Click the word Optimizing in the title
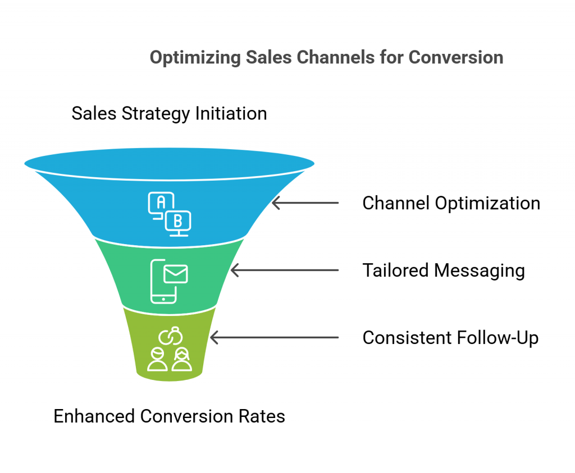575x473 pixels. [x=195, y=58]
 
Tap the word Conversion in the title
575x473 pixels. [x=456, y=58]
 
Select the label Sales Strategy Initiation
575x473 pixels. [x=169, y=113]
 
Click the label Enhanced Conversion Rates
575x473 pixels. [x=169, y=416]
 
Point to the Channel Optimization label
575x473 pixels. [x=451, y=203]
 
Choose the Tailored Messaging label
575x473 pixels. [x=444, y=271]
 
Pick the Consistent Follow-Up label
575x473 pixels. [x=450, y=338]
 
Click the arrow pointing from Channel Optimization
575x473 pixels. [x=305, y=203]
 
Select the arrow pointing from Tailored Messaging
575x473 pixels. [x=285, y=270]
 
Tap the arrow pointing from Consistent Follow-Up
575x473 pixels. [x=274, y=337]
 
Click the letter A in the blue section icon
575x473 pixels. [x=161, y=202]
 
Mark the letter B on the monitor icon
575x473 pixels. [x=178, y=221]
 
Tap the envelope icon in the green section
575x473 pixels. [x=176, y=274]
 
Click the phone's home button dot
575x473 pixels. [x=163, y=299]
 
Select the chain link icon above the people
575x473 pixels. [x=171, y=336]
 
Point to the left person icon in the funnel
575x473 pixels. [x=157, y=360]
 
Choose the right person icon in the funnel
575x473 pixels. [x=182, y=360]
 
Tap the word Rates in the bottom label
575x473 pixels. [x=262, y=416]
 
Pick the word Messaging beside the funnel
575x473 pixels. [x=480, y=271]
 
